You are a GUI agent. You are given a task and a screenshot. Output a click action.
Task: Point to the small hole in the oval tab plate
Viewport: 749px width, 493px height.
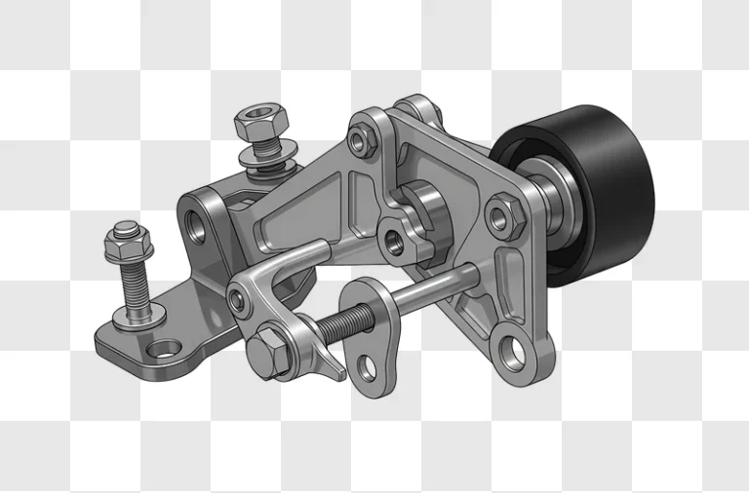coord(367,368)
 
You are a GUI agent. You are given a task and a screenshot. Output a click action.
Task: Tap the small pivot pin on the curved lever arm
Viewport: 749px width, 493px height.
coord(237,299)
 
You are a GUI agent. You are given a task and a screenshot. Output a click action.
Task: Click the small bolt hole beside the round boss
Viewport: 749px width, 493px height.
coord(393,239)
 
